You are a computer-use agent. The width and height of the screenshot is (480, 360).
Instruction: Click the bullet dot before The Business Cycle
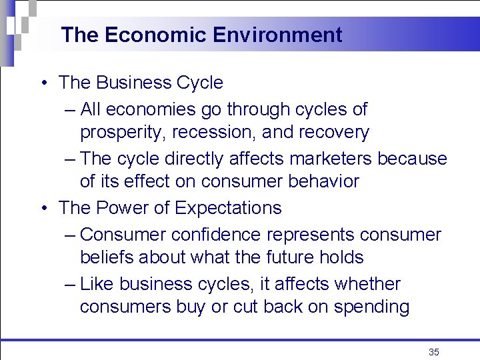point(43,83)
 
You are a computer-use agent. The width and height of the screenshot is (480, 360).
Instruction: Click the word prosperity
point(123,133)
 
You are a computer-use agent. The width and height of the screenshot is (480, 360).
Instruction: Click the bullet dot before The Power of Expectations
point(43,209)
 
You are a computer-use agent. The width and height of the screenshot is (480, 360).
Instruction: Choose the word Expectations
point(228,208)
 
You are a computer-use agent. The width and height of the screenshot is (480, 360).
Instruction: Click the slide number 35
point(434,352)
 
